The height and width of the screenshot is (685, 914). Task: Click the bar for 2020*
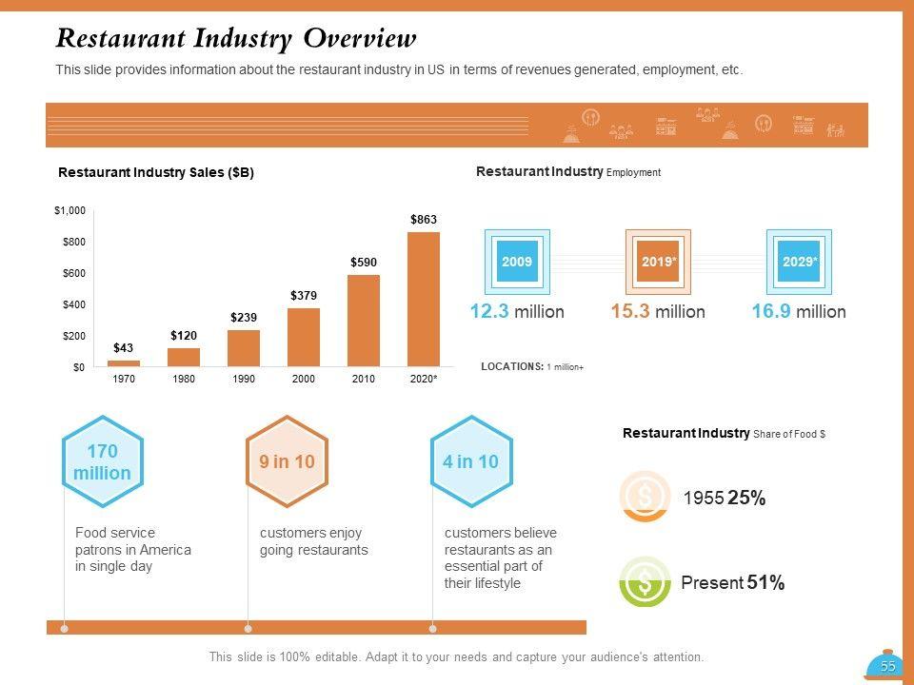click(x=424, y=300)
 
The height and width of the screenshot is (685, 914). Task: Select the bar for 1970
click(x=124, y=362)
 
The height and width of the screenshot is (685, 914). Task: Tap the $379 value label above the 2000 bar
click(x=304, y=296)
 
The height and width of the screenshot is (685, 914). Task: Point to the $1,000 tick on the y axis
click(x=70, y=210)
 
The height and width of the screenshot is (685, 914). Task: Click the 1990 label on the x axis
click(x=244, y=380)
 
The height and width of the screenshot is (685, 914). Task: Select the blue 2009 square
click(x=517, y=262)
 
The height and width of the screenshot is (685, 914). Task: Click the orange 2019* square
click(x=657, y=262)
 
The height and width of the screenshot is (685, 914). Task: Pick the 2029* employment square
click(x=799, y=262)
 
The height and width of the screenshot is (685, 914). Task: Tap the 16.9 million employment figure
click(x=798, y=312)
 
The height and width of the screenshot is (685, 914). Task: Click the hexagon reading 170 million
click(x=102, y=462)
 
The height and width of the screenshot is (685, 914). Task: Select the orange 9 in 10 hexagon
click(x=287, y=462)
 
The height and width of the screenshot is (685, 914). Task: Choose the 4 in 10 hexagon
click(x=470, y=462)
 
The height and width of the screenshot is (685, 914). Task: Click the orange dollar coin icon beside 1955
click(x=645, y=495)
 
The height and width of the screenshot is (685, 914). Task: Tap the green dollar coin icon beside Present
click(x=645, y=582)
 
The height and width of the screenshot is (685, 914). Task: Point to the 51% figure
click(x=765, y=583)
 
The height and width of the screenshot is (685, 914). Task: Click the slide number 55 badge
click(x=886, y=667)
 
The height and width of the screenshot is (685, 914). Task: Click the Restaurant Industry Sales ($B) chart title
click(x=156, y=173)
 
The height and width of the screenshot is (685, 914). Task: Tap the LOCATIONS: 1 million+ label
click(x=532, y=366)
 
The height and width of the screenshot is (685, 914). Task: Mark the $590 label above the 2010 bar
click(x=364, y=262)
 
